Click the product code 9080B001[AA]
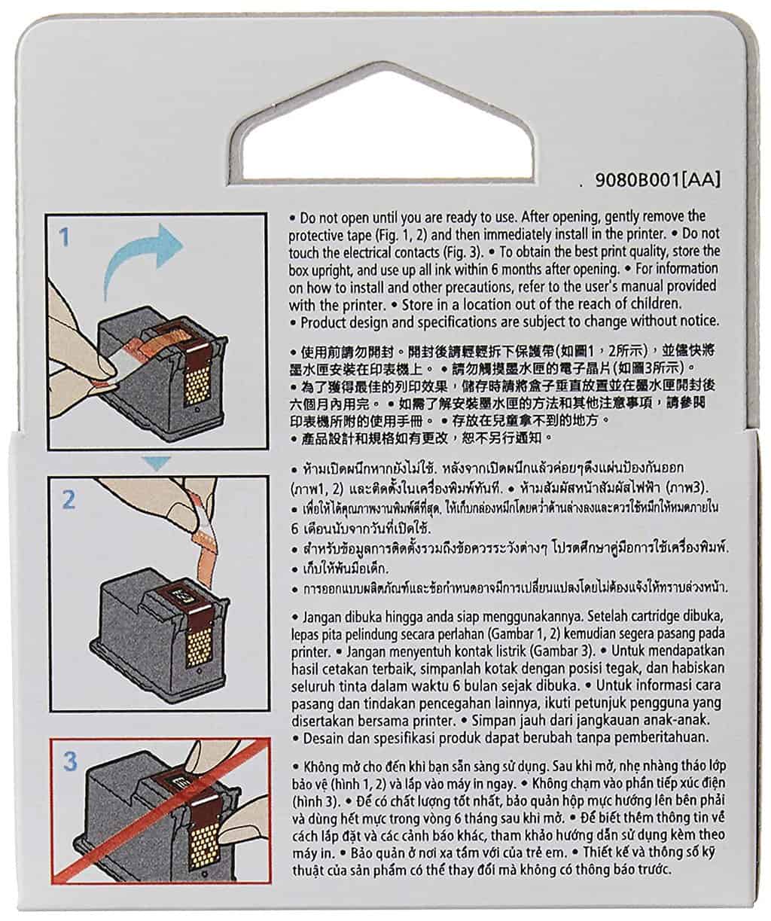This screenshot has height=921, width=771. coord(657,180)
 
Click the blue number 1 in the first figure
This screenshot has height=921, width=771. coord(65,237)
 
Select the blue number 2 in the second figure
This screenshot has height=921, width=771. coord(69,500)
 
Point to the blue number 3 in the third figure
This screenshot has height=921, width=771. coord(70,761)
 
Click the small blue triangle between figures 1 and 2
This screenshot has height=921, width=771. coord(157,462)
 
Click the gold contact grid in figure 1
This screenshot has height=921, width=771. coord(196,385)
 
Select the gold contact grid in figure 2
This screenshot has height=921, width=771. coord(200,647)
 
